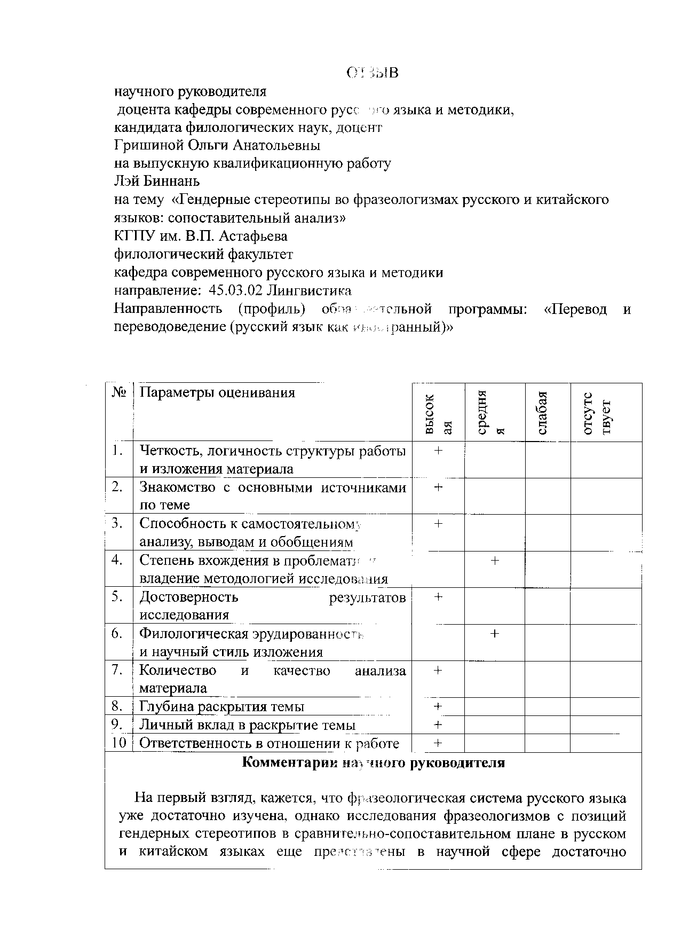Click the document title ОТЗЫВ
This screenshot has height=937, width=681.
[x=372, y=73]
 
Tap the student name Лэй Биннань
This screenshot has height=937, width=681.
[x=157, y=181]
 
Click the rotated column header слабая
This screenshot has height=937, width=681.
[x=542, y=413]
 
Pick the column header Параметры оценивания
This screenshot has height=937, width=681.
[x=217, y=393]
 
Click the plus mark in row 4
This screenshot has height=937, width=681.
[x=495, y=560]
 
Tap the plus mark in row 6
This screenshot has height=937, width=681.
[x=495, y=634]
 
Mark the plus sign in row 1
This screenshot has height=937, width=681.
[x=438, y=451]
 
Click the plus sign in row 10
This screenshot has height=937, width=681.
[x=438, y=743]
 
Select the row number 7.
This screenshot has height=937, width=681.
[x=118, y=670]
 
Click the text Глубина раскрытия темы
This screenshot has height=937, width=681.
[x=221, y=706]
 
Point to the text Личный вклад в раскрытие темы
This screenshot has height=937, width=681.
[x=247, y=725]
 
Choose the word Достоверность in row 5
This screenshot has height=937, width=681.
[x=189, y=597]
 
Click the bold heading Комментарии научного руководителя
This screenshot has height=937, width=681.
[x=373, y=762]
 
